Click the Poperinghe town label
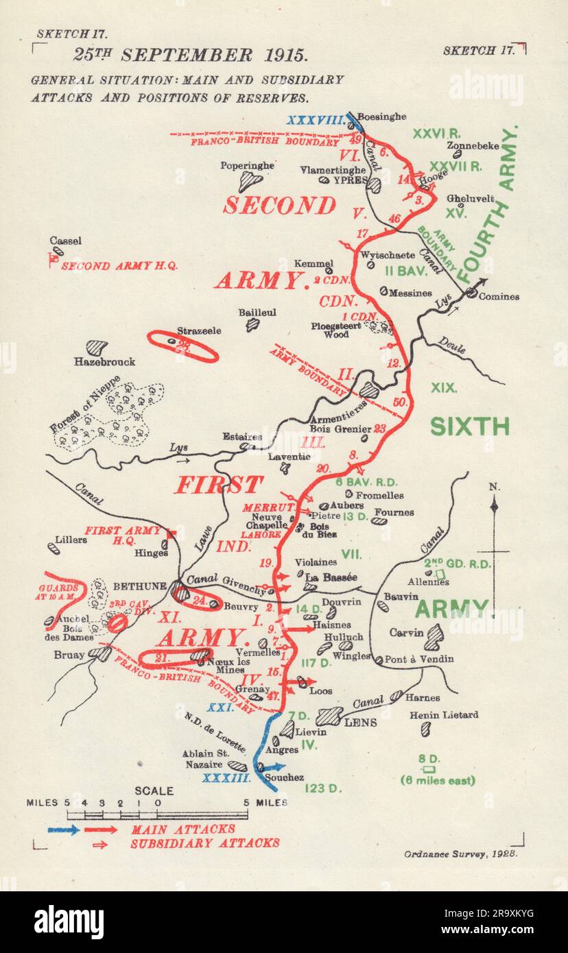coord(247,165)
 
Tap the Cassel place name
coord(66,241)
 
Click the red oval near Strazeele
coord(183,346)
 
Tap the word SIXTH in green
coord(469,426)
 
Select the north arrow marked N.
coord(494,507)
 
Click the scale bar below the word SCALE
coord(158,815)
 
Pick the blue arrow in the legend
coord(64,829)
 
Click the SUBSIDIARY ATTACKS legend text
coord(204,843)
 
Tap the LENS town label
coord(360,722)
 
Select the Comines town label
coord(499,296)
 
